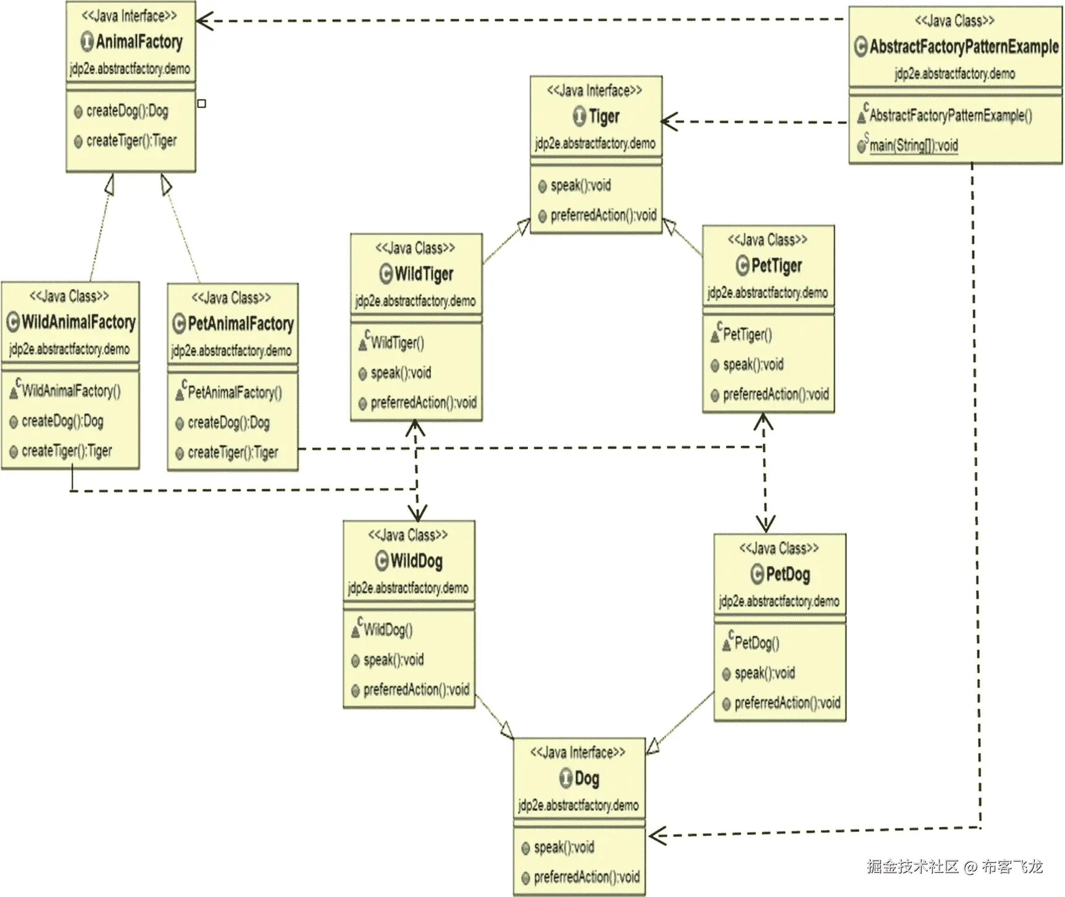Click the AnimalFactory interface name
139,42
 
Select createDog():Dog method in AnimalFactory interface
127,111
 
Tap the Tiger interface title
603,116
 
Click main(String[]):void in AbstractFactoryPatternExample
913,146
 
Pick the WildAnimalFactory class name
78,322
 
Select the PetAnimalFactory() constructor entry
234,392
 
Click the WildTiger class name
424,274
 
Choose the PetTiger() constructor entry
747,335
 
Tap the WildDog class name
416,561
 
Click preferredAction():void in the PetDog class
787,703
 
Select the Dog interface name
587,778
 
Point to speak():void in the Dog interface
563,847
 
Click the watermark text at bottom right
954,867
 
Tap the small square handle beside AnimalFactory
202,104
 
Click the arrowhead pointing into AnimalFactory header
204,21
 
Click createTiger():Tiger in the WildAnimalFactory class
67,451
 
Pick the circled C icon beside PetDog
757,575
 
